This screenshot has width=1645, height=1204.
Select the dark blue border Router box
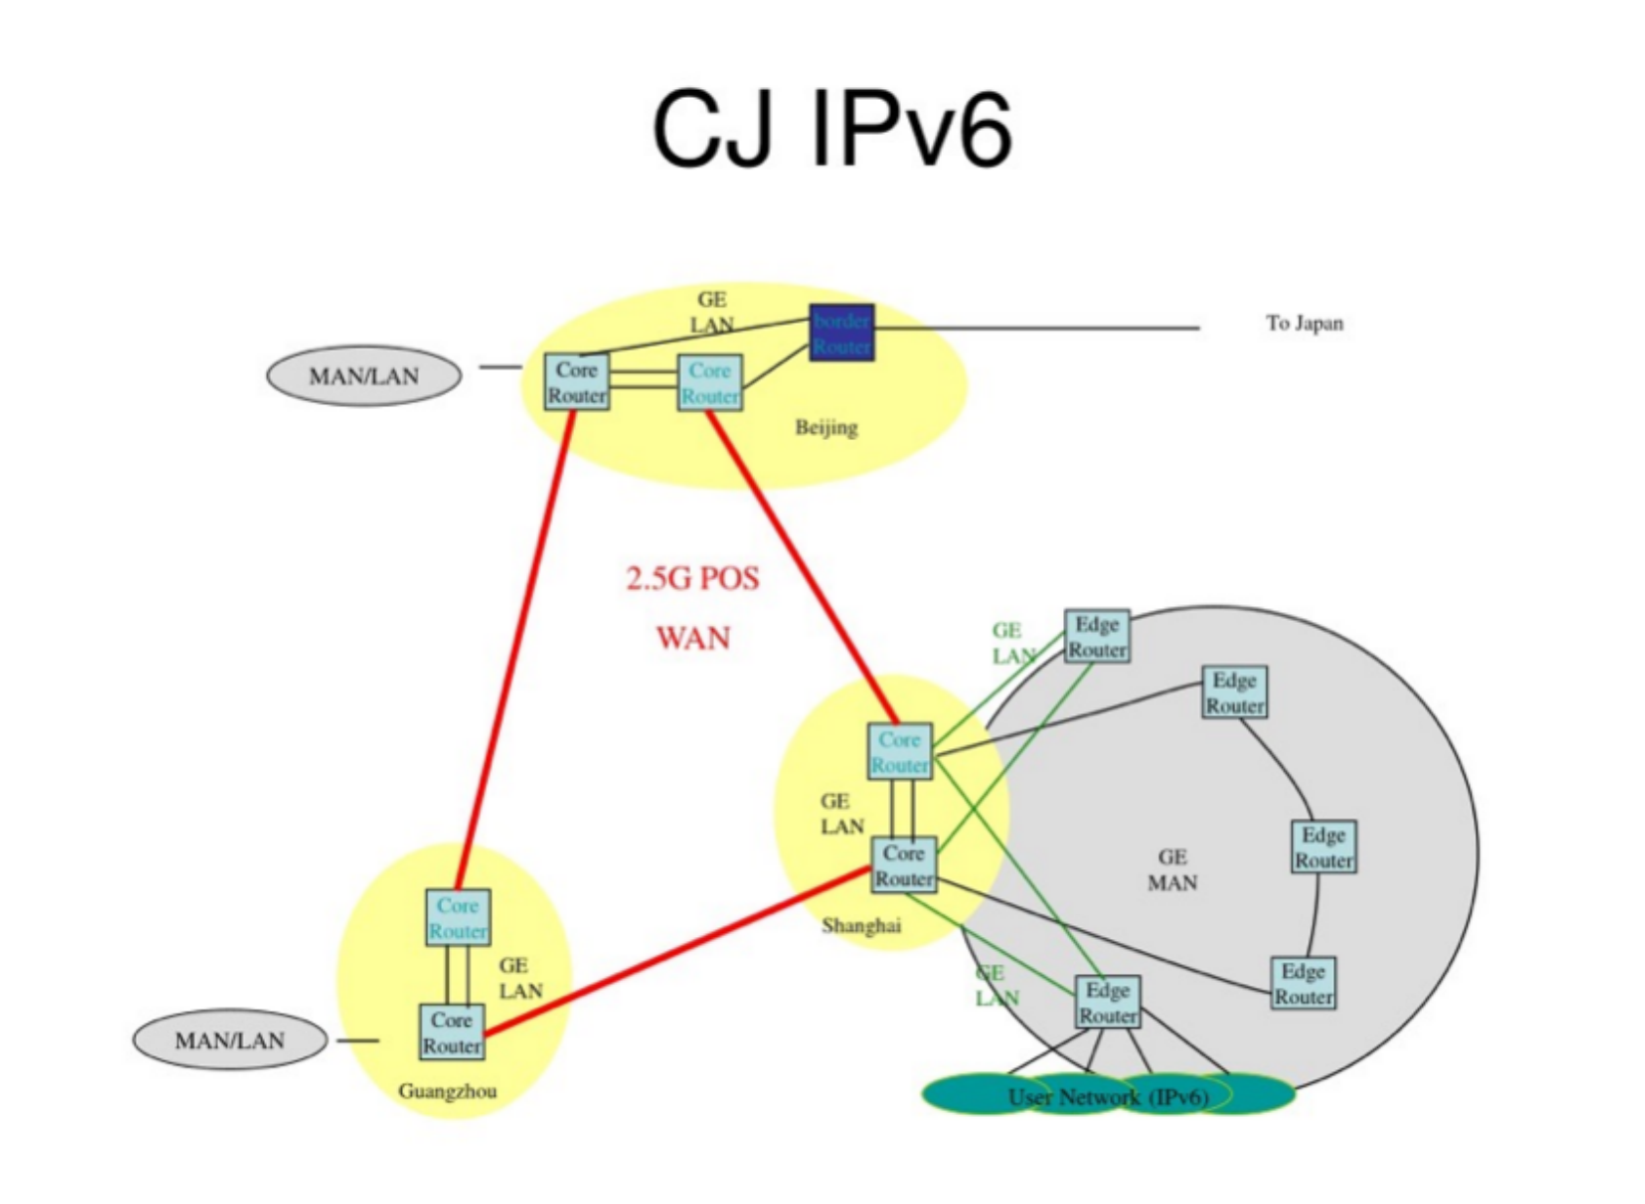pos(841,333)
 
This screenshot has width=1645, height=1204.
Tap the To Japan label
pos(1305,323)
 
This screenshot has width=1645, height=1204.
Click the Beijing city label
pos(826,427)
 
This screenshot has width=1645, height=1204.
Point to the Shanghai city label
pos(861,925)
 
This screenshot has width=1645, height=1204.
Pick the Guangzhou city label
pos(447,1091)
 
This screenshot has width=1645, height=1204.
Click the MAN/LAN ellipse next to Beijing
pos(364,376)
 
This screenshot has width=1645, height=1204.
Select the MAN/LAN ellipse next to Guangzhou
pos(230,1040)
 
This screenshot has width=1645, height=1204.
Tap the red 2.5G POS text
pos(692,578)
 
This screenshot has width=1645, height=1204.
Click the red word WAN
pos(692,639)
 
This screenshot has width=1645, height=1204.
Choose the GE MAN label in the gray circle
pos(1172,870)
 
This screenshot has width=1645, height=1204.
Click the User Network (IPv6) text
pos(1108,1096)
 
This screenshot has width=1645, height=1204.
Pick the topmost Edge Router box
pos(1096,637)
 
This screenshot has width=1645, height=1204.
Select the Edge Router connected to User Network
pos(1107,1003)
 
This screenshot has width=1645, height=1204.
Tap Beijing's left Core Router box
pos(576,382)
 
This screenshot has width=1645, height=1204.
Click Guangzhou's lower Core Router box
pos(451,1033)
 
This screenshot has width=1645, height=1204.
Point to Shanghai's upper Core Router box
pos(899,752)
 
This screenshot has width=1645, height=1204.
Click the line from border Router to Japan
pos(1037,328)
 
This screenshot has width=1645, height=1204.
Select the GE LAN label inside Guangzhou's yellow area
pos(519,978)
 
